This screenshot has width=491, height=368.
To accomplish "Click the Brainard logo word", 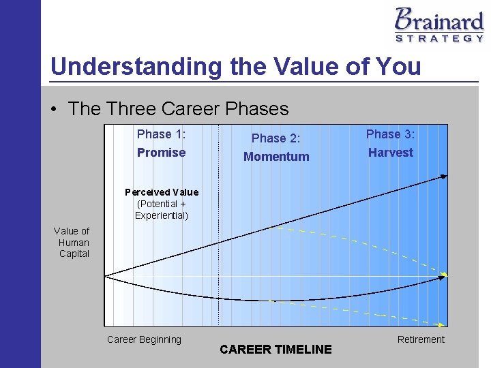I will click(x=438, y=19).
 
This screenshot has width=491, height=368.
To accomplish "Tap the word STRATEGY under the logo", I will click(x=439, y=39).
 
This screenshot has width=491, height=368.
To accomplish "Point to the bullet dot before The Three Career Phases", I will click(x=55, y=109).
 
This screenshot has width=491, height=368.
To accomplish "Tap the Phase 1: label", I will click(x=161, y=134).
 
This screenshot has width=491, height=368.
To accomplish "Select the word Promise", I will click(x=161, y=153).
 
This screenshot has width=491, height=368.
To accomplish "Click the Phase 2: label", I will click(x=276, y=138).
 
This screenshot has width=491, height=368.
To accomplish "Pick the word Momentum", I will click(x=276, y=157).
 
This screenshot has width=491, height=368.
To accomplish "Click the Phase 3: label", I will click(x=390, y=134).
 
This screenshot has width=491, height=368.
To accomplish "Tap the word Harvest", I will click(x=390, y=153).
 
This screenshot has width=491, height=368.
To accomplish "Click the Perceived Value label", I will click(x=162, y=192).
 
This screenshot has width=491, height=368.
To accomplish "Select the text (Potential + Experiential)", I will click(x=162, y=210).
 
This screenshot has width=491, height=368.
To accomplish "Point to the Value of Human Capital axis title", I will click(x=72, y=243).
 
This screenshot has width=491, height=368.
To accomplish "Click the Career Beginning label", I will click(x=144, y=339).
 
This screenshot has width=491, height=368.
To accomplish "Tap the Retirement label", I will click(x=421, y=339).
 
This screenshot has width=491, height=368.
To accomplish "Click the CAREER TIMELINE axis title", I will click(x=276, y=350).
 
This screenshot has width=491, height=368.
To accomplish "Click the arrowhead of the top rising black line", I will click(x=444, y=177).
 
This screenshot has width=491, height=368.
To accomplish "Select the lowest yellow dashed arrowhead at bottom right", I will click(x=445, y=324).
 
